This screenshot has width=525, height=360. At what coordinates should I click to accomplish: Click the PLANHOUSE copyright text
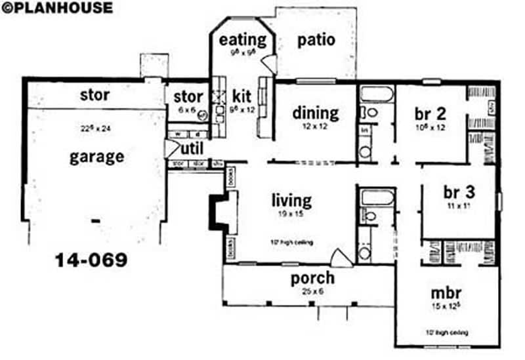point(57,8)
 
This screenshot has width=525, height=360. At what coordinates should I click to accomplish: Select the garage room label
point(97,157)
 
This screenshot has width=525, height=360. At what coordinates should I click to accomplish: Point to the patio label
point(316,40)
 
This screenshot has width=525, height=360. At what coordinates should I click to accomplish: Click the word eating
point(243,39)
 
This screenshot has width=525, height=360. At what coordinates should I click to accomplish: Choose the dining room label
point(316,113)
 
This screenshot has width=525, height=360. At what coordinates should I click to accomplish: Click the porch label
point(312,277)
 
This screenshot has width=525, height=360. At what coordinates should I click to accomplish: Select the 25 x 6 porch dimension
point(313,290)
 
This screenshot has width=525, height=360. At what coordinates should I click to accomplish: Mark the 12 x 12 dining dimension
point(316,126)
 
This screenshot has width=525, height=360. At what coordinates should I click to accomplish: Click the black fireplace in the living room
point(217,210)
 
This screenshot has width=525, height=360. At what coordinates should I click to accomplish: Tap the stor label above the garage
point(94,94)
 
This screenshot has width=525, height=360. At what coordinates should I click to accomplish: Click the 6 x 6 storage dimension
point(187,110)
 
